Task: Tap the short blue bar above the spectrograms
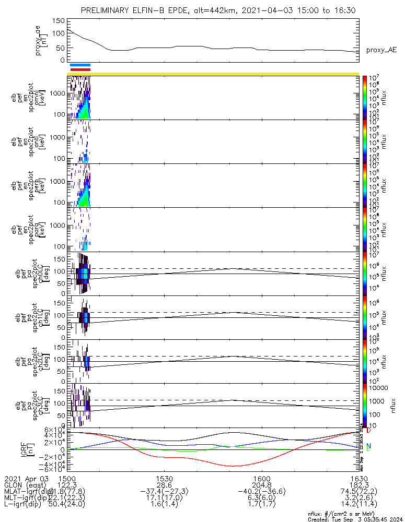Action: coord(80,65)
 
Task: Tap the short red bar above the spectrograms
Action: coord(80,69)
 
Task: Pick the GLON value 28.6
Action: coord(164,485)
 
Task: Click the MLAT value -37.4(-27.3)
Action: coord(164,492)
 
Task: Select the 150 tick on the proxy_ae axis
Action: coord(59,21)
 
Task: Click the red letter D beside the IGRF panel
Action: coord(369,431)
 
